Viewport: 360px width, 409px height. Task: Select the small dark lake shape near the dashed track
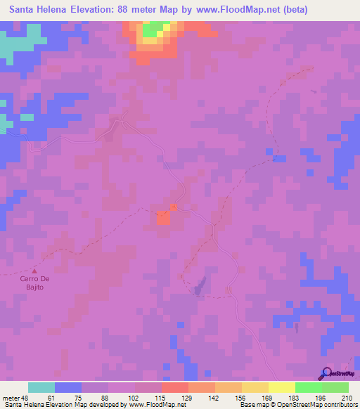click(x=201, y=284)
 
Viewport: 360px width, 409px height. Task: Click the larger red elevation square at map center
click(x=163, y=218)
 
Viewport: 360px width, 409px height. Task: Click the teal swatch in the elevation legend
click(x=41, y=387)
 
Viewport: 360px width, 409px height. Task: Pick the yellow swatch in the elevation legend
click(x=282, y=387)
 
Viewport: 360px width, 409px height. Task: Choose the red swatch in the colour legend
click(x=174, y=387)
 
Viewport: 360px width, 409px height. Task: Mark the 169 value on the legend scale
click(x=266, y=397)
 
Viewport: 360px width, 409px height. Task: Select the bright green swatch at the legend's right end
click(x=335, y=387)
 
